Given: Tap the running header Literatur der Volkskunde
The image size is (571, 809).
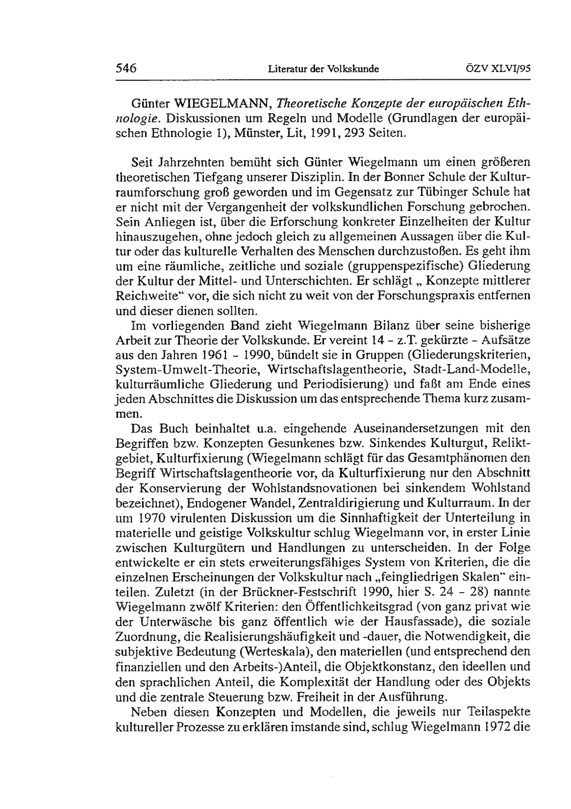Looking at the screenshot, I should [323, 69].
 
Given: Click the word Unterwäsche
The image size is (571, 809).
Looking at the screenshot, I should [177, 622].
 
